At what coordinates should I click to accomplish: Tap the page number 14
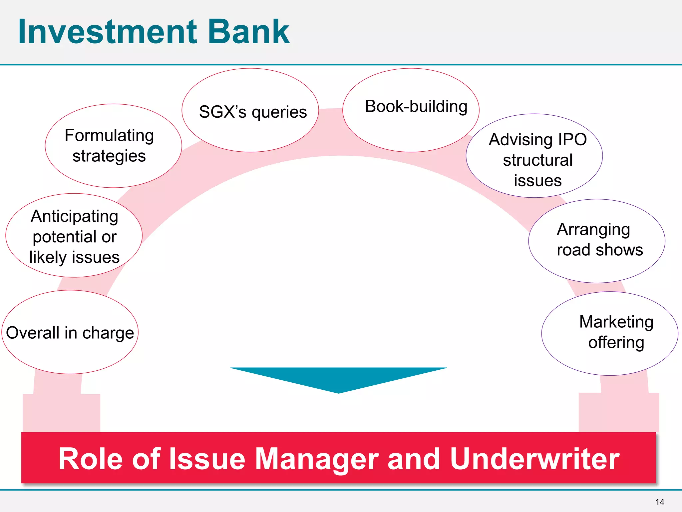coord(659,502)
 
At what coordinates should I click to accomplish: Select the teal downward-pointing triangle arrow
coord(338,378)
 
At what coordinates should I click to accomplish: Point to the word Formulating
coord(109,136)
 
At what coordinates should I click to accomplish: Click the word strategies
coord(109,156)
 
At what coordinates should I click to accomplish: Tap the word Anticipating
coord(75,216)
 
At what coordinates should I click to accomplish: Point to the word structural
coord(537,160)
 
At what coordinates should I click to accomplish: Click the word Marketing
coord(616,322)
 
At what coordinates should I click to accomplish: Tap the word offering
coord(616,343)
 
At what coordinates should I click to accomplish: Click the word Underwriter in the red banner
coord(534,459)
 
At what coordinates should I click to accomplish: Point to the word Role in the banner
coord(91,459)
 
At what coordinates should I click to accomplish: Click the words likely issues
coord(74,257)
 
